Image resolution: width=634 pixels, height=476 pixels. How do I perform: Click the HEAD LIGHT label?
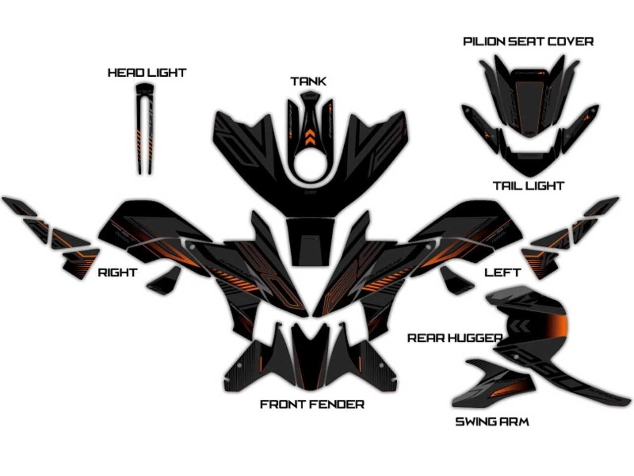[x=147, y=73]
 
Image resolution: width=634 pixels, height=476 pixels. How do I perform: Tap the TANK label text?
[x=308, y=81]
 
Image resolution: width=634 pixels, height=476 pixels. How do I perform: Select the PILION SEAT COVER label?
[x=528, y=41]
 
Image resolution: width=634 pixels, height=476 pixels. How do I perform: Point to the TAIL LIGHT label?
[x=528, y=186]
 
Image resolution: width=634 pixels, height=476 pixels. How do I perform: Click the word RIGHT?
[x=117, y=273]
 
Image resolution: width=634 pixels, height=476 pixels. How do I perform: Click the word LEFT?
[x=502, y=273]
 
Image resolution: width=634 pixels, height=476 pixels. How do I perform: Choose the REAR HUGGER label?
[x=455, y=338]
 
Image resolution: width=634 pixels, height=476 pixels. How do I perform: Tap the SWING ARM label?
[x=492, y=422]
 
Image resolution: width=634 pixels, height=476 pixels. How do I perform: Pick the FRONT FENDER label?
[x=312, y=405]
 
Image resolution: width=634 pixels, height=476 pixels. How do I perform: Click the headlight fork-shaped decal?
[x=145, y=129]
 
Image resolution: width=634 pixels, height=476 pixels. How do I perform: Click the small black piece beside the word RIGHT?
[x=164, y=282]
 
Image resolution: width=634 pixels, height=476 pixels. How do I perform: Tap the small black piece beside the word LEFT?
[x=457, y=281]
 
